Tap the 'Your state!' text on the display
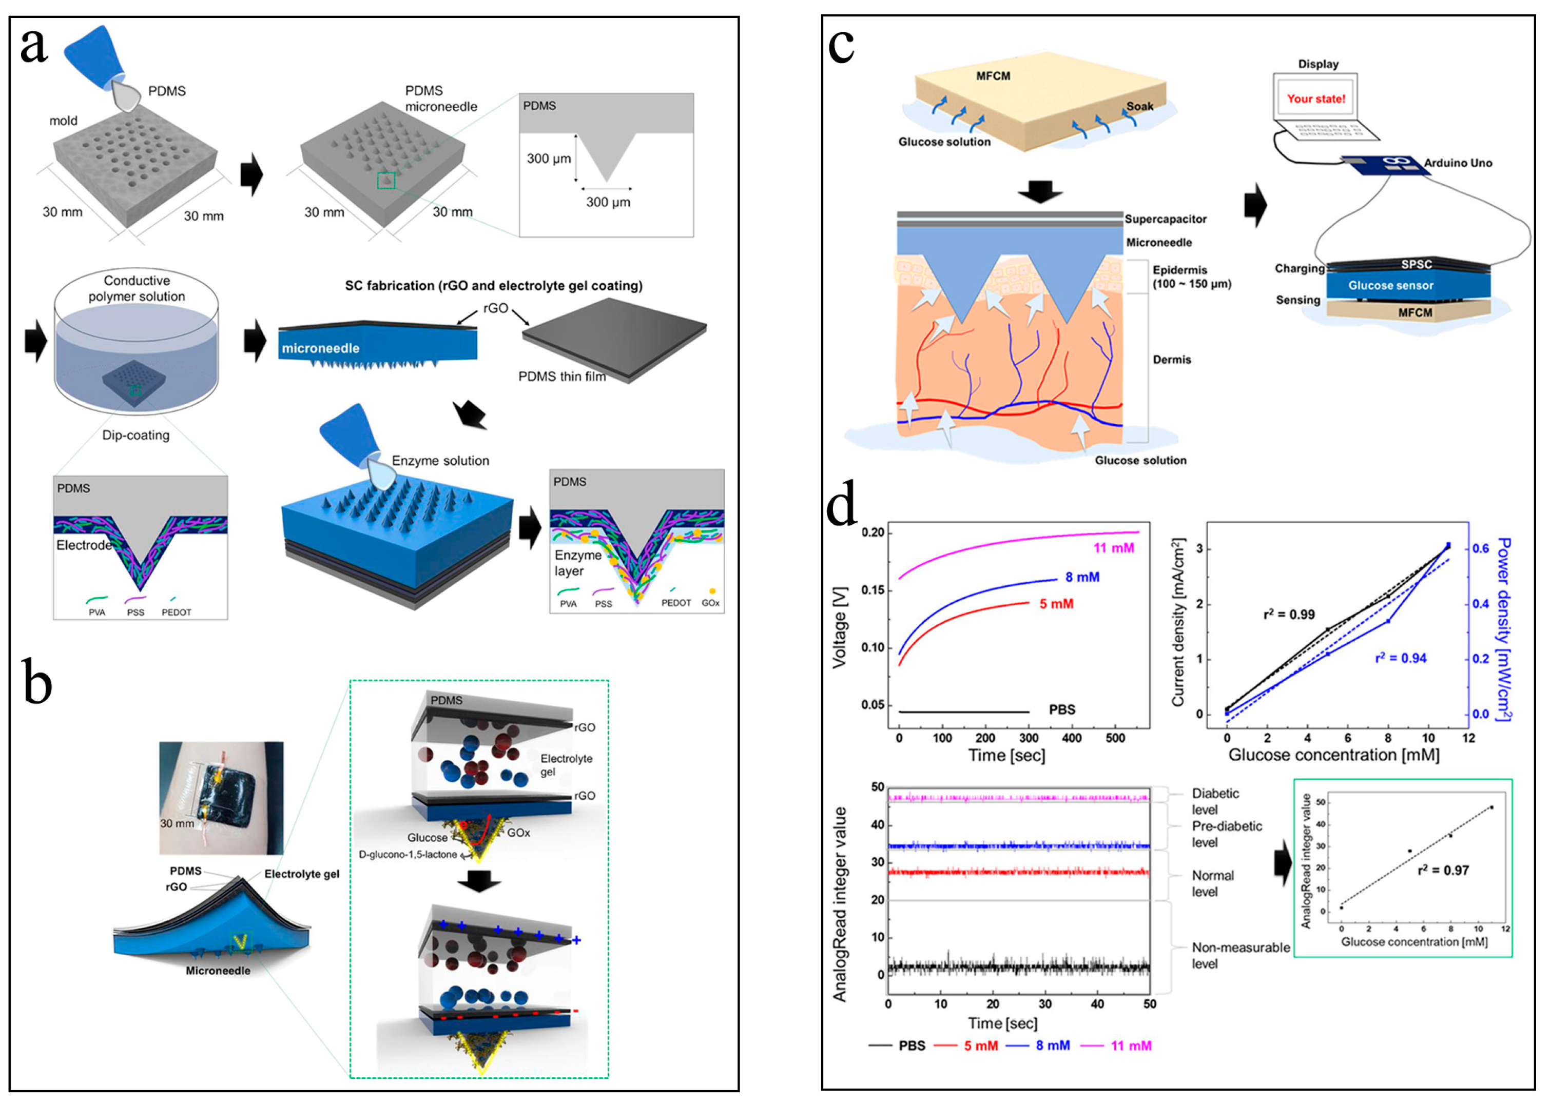pyautogui.click(x=1315, y=98)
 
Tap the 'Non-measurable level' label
pyautogui.click(x=1240, y=955)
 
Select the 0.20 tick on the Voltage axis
pyautogui.click(x=872, y=532)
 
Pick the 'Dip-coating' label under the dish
pyautogui.click(x=135, y=435)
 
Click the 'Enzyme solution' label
pyautogui.click(x=440, y=461)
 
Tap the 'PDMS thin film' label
pyautogui.click(x=561, y=377)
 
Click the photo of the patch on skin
pyautogui.click(x=221, y=798)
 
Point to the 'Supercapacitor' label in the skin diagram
pyautogui.click(x=1165, y=219)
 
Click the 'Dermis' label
pyautogui.click(x=1171, y=360)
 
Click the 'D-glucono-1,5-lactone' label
pyautogui.click(x=408, y=855)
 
